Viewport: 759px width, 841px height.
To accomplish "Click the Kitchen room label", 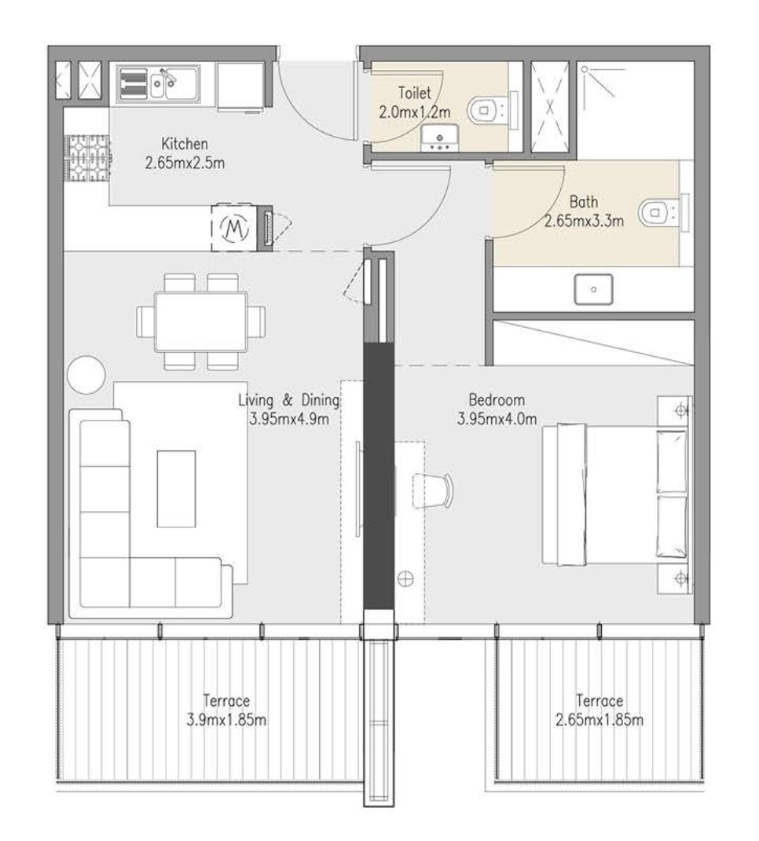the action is point(185,144).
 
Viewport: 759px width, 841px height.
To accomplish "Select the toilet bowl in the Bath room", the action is point(654,212).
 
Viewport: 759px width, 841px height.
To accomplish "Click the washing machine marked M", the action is point(234,227).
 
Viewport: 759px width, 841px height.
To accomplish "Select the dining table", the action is point(201,321).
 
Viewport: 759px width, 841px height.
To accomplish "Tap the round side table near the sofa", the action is point(86,374).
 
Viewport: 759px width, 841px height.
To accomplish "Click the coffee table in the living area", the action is point(176,489).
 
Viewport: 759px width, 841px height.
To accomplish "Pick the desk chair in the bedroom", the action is point(433,490).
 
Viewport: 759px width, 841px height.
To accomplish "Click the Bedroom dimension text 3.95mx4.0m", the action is point(497,418).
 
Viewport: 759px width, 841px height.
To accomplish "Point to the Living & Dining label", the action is point(289,400).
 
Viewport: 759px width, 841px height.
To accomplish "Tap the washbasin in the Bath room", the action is point(593,289).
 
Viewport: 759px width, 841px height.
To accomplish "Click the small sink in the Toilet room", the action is point(439,138).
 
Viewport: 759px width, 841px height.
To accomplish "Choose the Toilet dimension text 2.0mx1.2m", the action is point(414,112).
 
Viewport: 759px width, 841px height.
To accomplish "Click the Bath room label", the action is point(584,202).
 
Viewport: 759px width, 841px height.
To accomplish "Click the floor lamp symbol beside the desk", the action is point(405,578).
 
